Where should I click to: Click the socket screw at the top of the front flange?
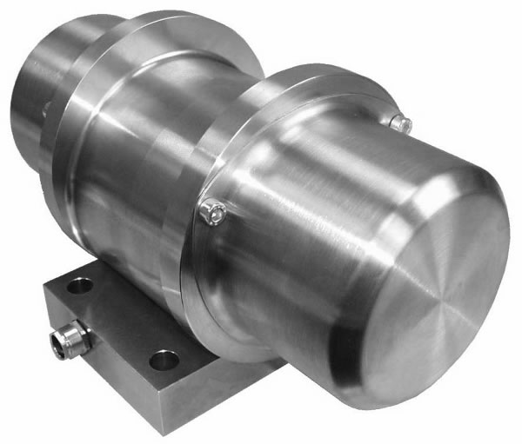[400, 123]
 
